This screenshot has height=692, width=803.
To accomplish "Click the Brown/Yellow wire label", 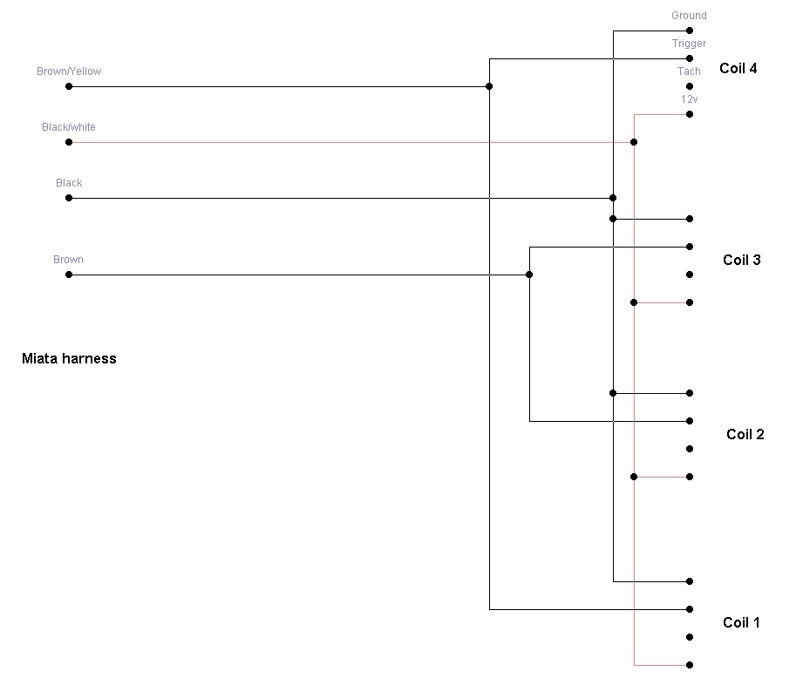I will pyautogui.click(x=69, y=71).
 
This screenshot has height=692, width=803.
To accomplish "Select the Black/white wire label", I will pyautogui.click(x=69, y=127).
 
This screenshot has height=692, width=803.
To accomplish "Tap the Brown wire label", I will pyautogui.click(x=68, y=260).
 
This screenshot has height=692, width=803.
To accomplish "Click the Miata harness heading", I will pyautogui.click(x=69, y=358).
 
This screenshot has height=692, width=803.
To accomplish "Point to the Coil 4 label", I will pyautogui.click(x=738, y=68).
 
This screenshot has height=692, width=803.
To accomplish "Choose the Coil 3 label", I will pyautogui.click(x=742, y=260).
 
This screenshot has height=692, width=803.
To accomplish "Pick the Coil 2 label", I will pyautogui.click(x=745, y=434).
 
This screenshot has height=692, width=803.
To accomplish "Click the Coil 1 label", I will pyautogui.click(x=742, y=622).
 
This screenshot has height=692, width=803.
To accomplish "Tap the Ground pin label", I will pyautogui.click(x=689, y=16).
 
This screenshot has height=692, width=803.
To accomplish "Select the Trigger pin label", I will pyautogui.click(x=689, y=44).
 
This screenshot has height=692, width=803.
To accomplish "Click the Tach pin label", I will pyautogui.click(x=689, y=71).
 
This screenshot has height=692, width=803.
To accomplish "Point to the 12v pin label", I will pyautogui.click(x=689, y=99).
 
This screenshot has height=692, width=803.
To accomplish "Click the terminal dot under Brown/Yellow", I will pyautogui.click(x=69, y=86).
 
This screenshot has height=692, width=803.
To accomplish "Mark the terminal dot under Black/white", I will pyautogui.click(x=69, y=142).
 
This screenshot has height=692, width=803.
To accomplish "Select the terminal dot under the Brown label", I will pyautogui.click(x=69, y=275).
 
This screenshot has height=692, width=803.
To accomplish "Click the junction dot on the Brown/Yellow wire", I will pyautogui.click(x=489, y=86).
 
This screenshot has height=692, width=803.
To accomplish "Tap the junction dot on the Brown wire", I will pyautogui.click(x=529, y=275).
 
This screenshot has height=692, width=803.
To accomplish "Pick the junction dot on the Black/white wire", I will pyautogui.click(x=634, y=142).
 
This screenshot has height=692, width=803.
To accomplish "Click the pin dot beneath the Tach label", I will pyautogui.click(x=690, y=86).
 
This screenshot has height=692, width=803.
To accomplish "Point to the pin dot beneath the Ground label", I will pyautogui.click(x=690, y=31).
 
